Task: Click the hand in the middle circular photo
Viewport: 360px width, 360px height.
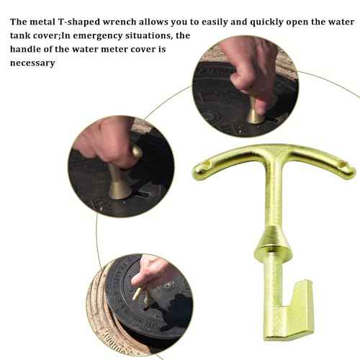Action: tap(108, 140)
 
